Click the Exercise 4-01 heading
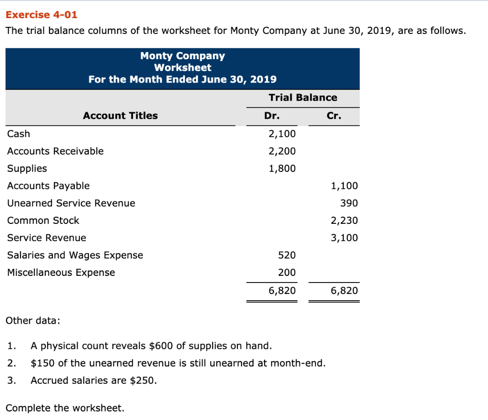click(41, 15)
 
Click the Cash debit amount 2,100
click(282, 134)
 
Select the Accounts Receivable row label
click(55, 151)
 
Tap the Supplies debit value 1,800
click(282, 168)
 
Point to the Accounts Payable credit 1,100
click(344, 186)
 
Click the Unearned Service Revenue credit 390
click(349, 203)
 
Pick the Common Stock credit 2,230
click(344, 220)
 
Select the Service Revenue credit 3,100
click(344, 238)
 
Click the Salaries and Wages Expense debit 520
click(287, 255)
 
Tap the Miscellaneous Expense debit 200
click(287, 273)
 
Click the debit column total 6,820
click(282, 291)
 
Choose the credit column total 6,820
click(344, 291)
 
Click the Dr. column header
click(272, 115)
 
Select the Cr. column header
click(334, 115)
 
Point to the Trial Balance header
click(303, 97)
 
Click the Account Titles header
click(120, 115)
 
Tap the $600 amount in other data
click(160, 346)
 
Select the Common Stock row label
click(43, 220)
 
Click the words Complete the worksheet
click(65, 408)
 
